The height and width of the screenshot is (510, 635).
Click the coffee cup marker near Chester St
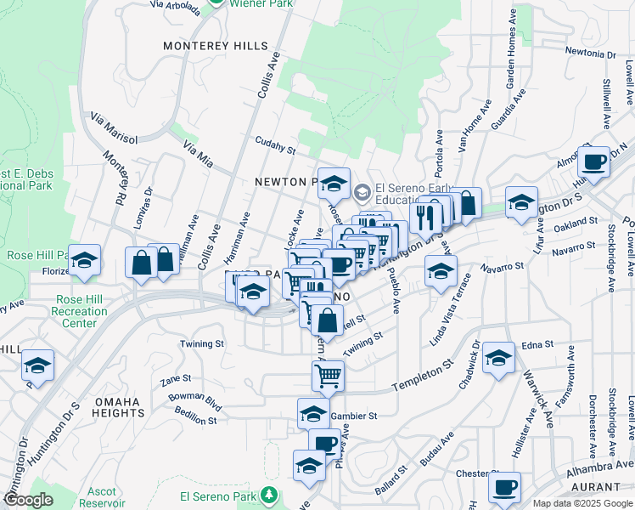pyautogui.click(x=505, y=488)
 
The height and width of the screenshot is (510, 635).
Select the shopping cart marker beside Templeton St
pyautogui.click(x=328, y=373)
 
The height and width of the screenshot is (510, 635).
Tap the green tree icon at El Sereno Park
pyautogui.click(x=269, y=494)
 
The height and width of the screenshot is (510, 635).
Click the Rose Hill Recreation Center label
pyautogui.click(x=82, y=311)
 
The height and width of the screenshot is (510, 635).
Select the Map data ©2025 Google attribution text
pyautogui.click(x=582, y=503)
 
